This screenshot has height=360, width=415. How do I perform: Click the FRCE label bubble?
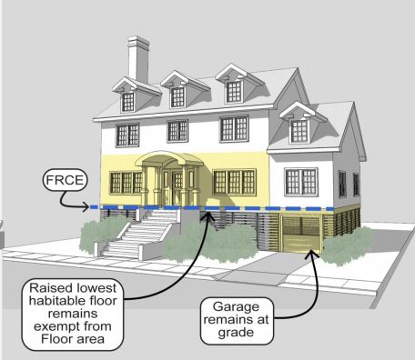[x=65, y=180]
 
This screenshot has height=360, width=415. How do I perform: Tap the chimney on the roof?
[x=138, y=59]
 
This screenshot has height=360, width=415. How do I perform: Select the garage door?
[x=300, y=234]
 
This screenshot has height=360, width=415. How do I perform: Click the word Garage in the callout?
[x=236, y=306]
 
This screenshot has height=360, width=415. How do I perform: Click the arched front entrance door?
[x=171, y=187]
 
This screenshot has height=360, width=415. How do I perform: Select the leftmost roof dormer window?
[x=128, y=102]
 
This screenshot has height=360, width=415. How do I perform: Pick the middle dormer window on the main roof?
[x=177, y=97]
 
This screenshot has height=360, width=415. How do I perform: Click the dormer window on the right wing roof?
[x=299, y=131]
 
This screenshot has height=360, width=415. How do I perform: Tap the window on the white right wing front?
[x=301, y=182]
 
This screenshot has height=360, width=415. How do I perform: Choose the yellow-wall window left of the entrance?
[x=126, y=183]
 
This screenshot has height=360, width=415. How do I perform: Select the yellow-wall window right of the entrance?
[x=234, y=182]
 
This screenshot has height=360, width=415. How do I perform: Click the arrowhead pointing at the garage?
[x=310, y=254]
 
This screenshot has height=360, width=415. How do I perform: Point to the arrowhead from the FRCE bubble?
[x=86, y=207]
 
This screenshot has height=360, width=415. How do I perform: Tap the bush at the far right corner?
[x=348, y=246]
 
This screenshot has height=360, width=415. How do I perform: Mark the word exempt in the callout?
[x=55, y=326]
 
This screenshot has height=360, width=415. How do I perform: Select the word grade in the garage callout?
[x=236, y=333]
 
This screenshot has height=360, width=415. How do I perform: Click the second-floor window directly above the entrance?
[x=177, y=131]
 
